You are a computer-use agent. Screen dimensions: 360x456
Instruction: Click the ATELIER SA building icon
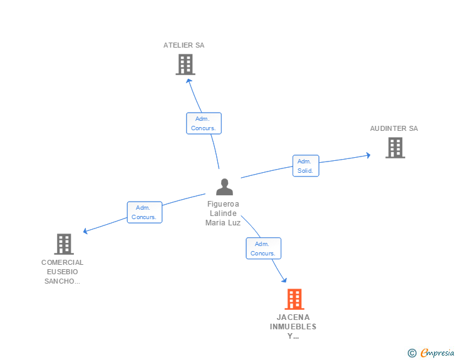(x=185, y=64)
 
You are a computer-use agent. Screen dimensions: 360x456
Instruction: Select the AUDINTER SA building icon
(x=395, y=148)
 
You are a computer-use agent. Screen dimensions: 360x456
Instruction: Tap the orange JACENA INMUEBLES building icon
(x=294, y=299)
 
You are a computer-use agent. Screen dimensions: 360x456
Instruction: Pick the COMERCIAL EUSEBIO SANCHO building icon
(x=63, y=244)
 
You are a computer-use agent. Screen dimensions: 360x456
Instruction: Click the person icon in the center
(x=224, y=187)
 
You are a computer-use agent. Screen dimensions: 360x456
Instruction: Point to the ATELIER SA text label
(x=184, y=45)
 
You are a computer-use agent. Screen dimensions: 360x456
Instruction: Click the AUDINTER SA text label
(x=393, y=128)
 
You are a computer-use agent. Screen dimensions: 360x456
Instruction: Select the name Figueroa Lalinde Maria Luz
(x=223, y=213)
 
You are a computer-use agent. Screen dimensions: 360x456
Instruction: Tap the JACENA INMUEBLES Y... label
(x=293, y=326)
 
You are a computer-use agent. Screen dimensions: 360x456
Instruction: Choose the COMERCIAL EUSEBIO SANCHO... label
(x=63, y=272)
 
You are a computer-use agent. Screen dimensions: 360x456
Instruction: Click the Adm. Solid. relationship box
(x=306, y=166)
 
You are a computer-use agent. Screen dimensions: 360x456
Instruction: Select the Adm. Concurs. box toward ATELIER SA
(x=204, y=123)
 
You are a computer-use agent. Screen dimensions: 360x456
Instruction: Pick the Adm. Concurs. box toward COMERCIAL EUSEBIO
(x=145, y=212)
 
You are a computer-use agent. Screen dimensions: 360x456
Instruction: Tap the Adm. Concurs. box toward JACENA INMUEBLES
(x=263, y=249)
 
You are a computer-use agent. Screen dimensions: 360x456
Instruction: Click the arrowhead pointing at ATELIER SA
(x=189, y=81)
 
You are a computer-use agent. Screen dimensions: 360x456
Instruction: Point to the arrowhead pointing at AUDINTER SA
(x=368, y=155)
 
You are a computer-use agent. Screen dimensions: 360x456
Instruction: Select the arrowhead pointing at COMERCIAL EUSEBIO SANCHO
(x=86, y=232)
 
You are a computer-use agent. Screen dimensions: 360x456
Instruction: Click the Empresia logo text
(x=437, y=353)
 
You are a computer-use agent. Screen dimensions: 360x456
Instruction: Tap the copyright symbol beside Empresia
(x=412, y=353)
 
